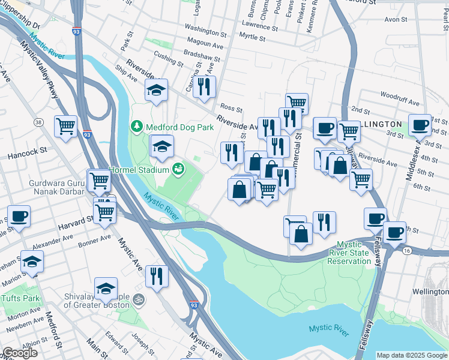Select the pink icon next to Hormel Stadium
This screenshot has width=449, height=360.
(178, 169)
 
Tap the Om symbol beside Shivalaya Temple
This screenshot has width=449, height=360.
(137, 298)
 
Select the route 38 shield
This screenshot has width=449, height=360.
(39, 122)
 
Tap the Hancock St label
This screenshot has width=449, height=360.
(27, 154)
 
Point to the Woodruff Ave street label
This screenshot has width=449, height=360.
(394, 95)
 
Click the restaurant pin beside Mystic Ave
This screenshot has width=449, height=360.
(157, 276)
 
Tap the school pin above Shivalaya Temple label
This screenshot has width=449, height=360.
(106, 289)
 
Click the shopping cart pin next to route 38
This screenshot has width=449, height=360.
(65, 126)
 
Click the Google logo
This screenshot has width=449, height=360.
(20, 353)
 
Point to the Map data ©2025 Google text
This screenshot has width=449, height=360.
(412, 355)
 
